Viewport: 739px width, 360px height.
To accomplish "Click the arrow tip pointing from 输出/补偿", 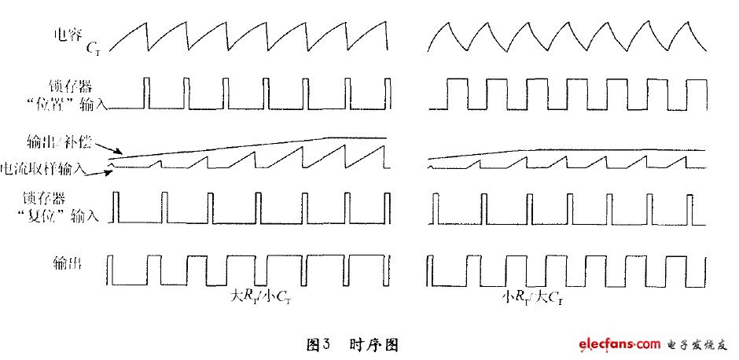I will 120,154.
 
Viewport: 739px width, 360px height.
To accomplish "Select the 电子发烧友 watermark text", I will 694,344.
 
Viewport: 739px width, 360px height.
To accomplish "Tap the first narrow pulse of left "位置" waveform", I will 147,92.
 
